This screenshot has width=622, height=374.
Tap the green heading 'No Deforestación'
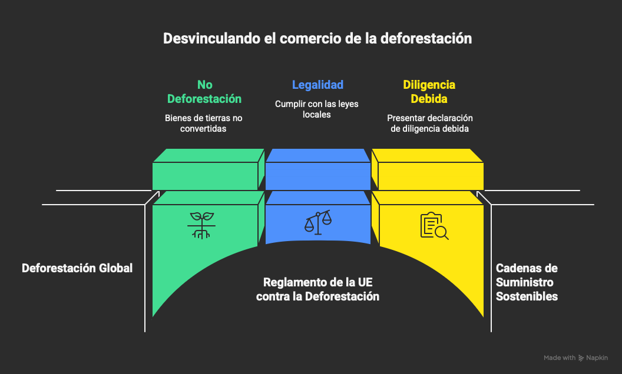204,91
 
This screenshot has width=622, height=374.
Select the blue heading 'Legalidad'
317,85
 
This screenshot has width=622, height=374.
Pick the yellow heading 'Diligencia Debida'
429,91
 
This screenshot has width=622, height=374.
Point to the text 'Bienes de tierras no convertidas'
204,123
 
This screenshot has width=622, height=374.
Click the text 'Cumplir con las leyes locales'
317,109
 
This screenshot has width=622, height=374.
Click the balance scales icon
317,222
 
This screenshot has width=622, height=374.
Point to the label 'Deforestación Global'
77,268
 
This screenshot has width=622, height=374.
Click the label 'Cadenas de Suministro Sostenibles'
527,282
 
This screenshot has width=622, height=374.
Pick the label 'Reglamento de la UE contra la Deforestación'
317,289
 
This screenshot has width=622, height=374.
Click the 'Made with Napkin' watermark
575,358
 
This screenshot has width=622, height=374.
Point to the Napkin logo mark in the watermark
581,358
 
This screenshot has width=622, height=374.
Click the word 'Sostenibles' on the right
527,296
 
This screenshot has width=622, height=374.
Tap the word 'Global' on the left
115,268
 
